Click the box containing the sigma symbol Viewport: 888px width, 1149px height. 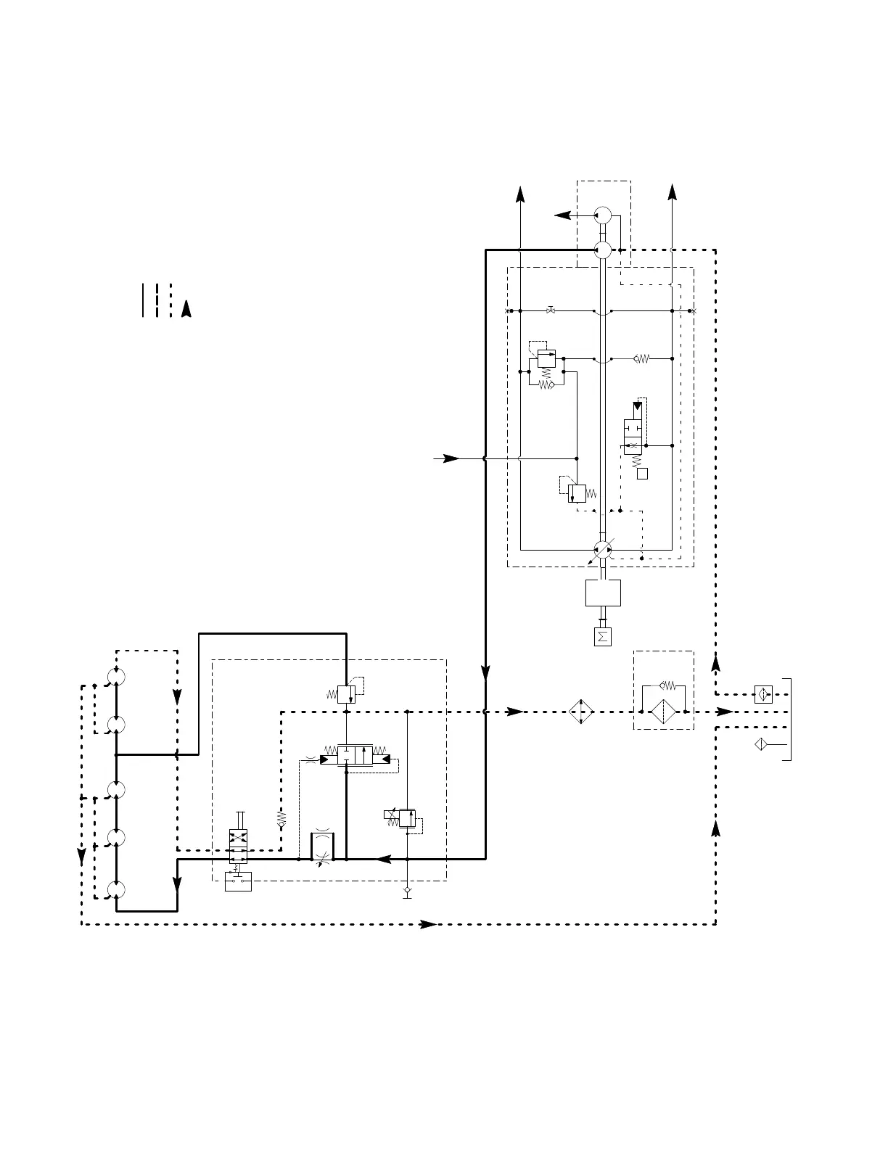pyautogui.click(x=602, y=637)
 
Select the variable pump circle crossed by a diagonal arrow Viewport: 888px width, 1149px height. pyautogui.click(x=603, y=551)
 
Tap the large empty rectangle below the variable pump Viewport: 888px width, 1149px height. pyautogui.click(x=603, y=593)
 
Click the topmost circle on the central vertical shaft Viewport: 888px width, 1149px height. pyautogui.click(x=603, y=215)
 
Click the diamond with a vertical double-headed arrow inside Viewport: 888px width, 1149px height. pyautogui.click(x=582, y=712)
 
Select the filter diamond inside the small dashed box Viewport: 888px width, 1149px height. pyautogui.click(x=664, y=712)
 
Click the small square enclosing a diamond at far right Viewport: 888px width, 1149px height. pyautogui.click(x=763, y=694)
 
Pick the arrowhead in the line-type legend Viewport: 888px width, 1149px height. pyautogui.click(x=186, y=308)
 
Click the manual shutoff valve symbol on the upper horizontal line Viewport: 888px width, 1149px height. pyautogui.click(x=551, y=311)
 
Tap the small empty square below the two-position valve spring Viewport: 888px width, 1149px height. pyautogui.click(x=642, y=474)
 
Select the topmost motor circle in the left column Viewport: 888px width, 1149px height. pyautogui.click(x=116, y=677)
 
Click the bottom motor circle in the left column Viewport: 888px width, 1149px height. pyautogui.click(x=116, y=890)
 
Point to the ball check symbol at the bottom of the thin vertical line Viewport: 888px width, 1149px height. pyautogui.click(x=408, y=890)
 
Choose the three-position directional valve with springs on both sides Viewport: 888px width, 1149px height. pyautogui.click(x=355, y=754)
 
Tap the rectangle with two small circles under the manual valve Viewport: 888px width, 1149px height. pyautogui.click(x=238, y=882)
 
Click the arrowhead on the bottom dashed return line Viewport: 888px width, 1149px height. pyautogui.click(x=429, y=924)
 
